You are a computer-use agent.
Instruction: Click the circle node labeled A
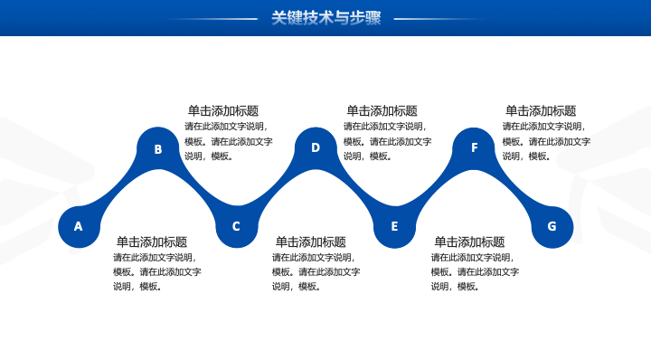79,227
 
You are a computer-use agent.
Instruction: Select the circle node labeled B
157,148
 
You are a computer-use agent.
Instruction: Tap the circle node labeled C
237,227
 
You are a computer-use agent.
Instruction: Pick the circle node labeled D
316,148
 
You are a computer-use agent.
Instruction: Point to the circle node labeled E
394,227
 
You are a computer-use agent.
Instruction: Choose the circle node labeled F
473,148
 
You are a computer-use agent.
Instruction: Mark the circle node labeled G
552,227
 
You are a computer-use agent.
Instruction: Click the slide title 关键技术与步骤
325,18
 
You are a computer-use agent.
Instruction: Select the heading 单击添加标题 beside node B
223,111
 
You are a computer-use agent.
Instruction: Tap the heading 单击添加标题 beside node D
382,111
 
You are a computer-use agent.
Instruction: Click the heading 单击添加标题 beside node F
541,111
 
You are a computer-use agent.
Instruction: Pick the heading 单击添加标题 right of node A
152,242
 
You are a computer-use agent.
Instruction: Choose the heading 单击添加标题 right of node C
310,242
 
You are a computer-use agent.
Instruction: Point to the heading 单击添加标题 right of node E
469,242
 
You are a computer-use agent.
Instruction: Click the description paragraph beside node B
229,141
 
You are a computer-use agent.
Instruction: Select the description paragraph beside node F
546,141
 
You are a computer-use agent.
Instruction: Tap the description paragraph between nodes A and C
157,272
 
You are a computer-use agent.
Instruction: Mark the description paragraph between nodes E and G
475,272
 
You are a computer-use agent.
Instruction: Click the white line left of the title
212,19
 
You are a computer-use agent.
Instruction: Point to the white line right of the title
440,19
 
